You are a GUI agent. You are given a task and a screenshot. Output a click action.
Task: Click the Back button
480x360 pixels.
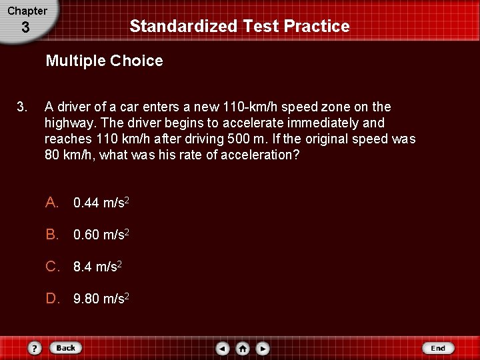click(65, 348)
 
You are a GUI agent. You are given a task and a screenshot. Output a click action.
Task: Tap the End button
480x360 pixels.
click(437, 348)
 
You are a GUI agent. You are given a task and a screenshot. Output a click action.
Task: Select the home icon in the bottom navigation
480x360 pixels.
click(243, 348)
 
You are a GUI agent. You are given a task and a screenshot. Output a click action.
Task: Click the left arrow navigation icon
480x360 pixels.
click(223, 348)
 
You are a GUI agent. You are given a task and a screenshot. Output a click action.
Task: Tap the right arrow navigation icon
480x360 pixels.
click(263, 348)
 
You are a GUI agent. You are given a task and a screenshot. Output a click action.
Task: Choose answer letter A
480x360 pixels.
click(52, 202)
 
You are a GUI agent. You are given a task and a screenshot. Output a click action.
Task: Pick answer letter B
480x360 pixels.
click(52, 234)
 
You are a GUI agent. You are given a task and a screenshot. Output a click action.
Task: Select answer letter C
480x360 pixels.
click(52, 267)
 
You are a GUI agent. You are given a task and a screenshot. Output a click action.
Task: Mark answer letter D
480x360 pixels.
click(52, 299)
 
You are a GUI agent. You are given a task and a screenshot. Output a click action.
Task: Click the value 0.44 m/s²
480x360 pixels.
click(101, 202)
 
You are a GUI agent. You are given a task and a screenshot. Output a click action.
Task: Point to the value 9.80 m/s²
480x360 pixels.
click(101, 299)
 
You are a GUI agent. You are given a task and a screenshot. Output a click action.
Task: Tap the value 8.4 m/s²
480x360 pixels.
click(97, 267)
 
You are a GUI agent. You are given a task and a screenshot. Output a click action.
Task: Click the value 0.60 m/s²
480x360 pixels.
click(101, 234)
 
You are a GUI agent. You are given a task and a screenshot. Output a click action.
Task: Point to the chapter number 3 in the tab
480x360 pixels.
click(25, 28)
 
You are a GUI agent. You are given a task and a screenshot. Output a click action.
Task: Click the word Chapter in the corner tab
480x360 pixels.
click(27, 11)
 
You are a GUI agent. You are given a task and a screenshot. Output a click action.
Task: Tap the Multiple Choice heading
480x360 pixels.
click(104, 61)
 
